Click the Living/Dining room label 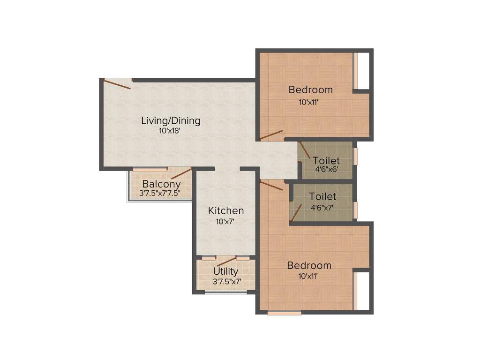click(171, 121)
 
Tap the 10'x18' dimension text click(170, 131)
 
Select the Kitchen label click(226, 211)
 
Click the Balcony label click(161, 184)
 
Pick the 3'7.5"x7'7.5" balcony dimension click(160, 193)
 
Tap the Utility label click(225, 271)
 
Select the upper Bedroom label click(310, 90)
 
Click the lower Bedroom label click(309, 265)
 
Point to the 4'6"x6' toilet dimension click(326, 170)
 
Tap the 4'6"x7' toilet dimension click(322, 208)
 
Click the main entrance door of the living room click(117, 84)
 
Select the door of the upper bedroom click(272, 135)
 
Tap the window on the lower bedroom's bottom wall click(284, 313)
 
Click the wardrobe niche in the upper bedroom click(361, 70)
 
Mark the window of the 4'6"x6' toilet click(355, 156)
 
